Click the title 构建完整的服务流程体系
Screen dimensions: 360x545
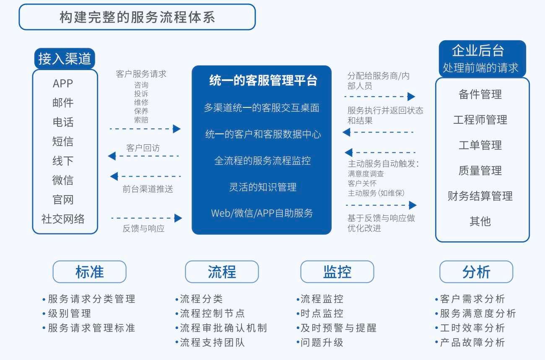[x=137, y=17]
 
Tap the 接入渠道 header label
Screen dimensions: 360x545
[x=65, y=59]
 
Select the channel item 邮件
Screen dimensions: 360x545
[x=63, y=103]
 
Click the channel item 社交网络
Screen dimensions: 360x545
[x=63, y=219]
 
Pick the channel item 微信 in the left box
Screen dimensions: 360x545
[x=63, y=180]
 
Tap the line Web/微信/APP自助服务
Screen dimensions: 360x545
[x=262, y=213]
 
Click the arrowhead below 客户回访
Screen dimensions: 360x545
[x=112, y=156]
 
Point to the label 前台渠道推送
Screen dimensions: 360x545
[x=148, y=189]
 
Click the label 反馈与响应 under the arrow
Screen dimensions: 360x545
[x=143, y=229]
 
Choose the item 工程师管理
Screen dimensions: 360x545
[x=480, y=120]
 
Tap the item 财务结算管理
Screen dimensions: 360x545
[x=480, y=196]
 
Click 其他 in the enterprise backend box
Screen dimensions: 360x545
[x=480, y=221]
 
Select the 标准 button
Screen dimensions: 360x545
[x=89, y=272]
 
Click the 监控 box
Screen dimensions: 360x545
[x=337, y=272]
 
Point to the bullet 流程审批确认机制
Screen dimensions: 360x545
[x=223, y=328]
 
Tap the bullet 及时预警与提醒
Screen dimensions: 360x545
[x=338, y=328]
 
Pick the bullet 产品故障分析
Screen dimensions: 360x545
[x=472, y=342]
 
